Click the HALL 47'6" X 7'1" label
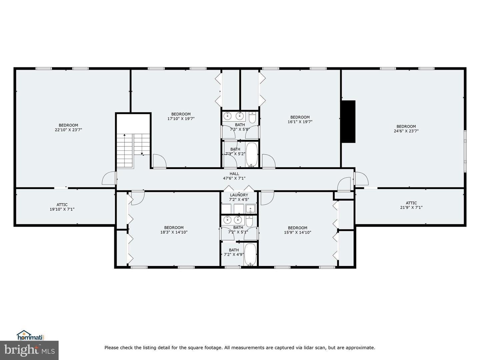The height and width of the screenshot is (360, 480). (234, 176)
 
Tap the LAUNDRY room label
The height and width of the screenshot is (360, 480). (239, 197)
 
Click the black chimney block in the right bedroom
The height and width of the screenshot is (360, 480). (348, 122)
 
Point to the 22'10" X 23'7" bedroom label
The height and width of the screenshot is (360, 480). (68, 128)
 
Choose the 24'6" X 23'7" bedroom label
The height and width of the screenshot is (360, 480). (406, 129)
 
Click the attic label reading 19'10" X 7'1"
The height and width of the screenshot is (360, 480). (62, 207)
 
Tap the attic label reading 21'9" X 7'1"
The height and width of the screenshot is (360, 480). (411, 205)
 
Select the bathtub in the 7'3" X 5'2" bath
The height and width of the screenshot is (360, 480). (252, 155)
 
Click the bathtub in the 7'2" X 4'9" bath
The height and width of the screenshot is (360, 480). (250, 254)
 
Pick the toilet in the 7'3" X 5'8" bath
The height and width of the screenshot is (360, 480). (252, 117)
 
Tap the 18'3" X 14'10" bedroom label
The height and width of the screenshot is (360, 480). (174, 230)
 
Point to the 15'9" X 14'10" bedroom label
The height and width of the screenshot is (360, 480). (297, 230)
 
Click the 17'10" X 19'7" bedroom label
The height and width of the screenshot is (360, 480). (181, 116)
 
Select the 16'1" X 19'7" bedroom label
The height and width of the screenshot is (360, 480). (300, 119)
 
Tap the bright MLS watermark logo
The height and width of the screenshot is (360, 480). (29, 350)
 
